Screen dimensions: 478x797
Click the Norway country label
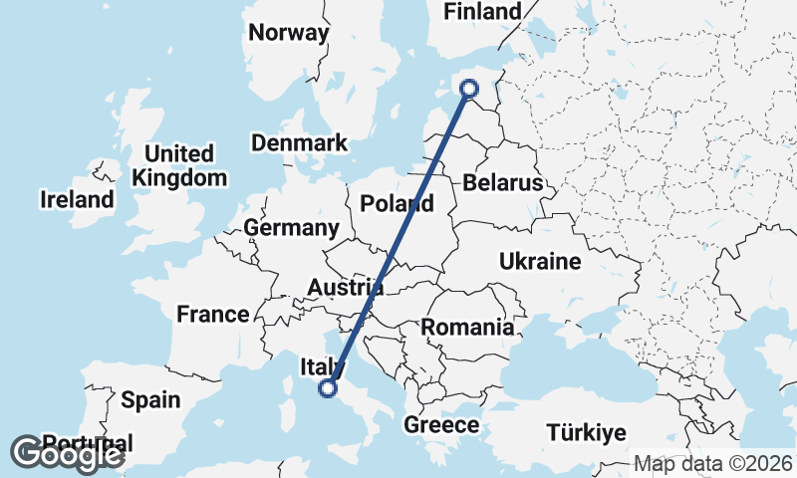(x=289, y=33)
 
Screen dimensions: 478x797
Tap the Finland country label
(x=483, y=12)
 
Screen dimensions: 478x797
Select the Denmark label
(x=299, y=142)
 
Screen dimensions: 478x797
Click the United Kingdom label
(x=179, y=166)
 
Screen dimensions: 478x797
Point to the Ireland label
(x=77, y=199)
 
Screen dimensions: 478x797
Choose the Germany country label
(x=292, y=228)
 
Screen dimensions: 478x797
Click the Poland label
(x=398, y=204)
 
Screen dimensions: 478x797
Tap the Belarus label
(x=503, y=183)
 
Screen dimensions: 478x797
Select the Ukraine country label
(x=539, y=262)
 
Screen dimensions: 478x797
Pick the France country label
(x=213, y=315)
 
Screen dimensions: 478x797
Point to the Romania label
(x=467, y=327)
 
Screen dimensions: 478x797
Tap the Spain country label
(x=150, y=400)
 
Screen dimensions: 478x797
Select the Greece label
(x=441, y=425)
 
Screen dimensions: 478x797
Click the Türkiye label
(x=586, y=432)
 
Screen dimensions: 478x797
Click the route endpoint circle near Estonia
(x=469, y=90)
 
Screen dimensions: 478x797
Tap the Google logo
(x=67, y=454)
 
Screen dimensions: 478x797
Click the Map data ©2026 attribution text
(x=712, y=463)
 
